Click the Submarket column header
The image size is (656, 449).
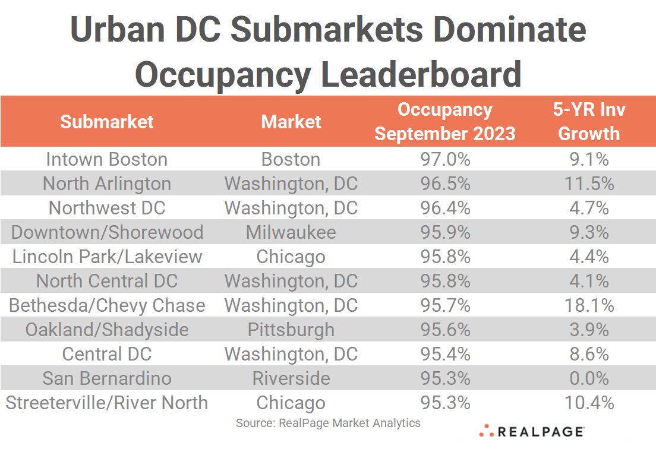pos(107,122)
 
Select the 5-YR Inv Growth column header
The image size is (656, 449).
pos(589,121)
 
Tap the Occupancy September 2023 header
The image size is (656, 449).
pos(444,121)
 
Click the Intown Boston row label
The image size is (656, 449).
pos(107,159)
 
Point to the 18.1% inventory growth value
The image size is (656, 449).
pos(589,305)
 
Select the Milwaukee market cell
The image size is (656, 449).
pos(291,232)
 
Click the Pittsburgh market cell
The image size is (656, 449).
pos(291,330)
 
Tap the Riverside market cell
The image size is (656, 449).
pos(291,378)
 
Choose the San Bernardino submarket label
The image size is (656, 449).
pos(107,378)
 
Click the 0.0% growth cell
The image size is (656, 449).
pos(589,378)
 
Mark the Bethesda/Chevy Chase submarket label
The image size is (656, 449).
pos(107,305)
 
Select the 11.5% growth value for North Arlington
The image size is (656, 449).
pos(589,184)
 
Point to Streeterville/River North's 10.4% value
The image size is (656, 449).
pos(589,403)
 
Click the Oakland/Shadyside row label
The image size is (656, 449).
pos(107,330)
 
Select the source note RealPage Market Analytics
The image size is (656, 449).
pos(328,423)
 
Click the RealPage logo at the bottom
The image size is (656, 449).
pos(532,432)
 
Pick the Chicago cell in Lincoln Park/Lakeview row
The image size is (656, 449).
pos(291,257)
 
